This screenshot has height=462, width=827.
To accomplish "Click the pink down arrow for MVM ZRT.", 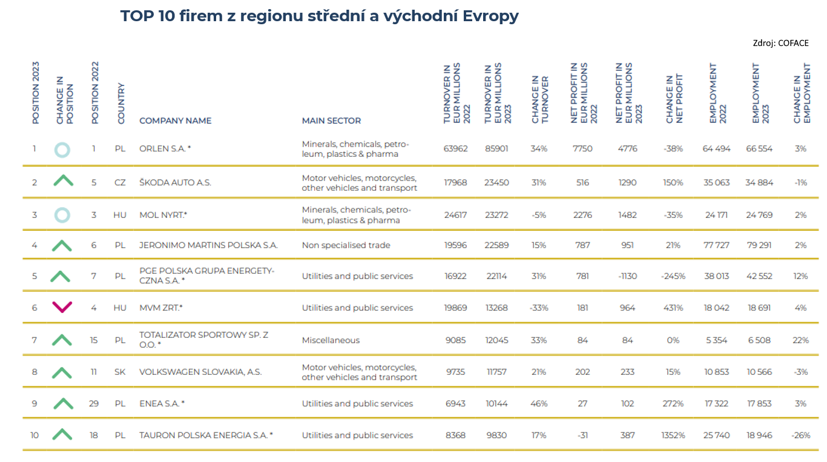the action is (x=62, y=307).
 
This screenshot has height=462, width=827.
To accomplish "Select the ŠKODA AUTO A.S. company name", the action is (x=175, y=182).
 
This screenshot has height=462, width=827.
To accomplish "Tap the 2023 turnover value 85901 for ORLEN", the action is (x=496, y=148).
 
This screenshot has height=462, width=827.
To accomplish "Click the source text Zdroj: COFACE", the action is (x=780, y=43).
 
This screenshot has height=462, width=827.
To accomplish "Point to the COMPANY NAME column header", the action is (x=176, y=120).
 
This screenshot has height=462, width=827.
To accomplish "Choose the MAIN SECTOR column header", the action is (x=331, y=120).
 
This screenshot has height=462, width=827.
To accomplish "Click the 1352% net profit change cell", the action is (x=673, y=435).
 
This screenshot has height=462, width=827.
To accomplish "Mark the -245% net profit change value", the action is (x=673, y=276).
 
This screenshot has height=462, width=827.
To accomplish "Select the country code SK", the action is (x=120, y=372).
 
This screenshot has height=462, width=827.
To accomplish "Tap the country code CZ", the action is (x=120, y=182).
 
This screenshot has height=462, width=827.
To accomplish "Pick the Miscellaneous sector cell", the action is (x=331, y=340).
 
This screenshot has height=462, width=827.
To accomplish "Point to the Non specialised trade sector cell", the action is (x=346, y=245).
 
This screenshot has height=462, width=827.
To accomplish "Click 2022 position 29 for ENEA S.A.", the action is (x=94, y=404).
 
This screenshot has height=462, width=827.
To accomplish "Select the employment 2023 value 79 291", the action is (x=759, y=245).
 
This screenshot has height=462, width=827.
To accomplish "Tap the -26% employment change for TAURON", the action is (x=801, y=435).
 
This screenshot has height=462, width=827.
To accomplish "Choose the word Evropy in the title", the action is (x=490, y=16).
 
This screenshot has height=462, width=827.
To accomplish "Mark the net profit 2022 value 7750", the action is (x=582, y=148).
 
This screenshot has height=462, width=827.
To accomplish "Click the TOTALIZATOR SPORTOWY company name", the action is (x=204, y=340).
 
